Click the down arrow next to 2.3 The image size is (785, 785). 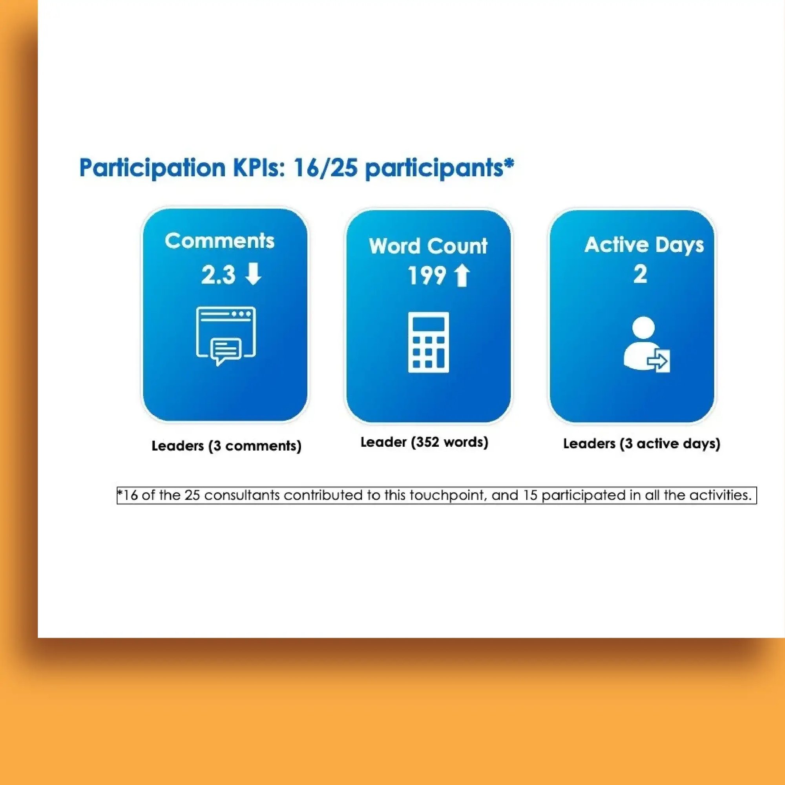coord(254,274)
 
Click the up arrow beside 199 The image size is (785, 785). coord(462,276)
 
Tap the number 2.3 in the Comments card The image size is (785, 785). coord(218,275)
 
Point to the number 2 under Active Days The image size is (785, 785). coord(640,274)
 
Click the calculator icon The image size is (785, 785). coord(428,342)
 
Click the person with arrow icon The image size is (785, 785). coord(646,345)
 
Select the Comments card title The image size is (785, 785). coord(219,241)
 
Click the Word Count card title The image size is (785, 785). coord(428,246)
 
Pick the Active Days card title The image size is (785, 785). coord(644,245)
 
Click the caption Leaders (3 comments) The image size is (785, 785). coord(226,446)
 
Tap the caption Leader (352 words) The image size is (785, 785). coord(424,442)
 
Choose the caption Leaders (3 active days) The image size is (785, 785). coord(641,443)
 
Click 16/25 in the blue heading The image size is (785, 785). coord(325,168)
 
